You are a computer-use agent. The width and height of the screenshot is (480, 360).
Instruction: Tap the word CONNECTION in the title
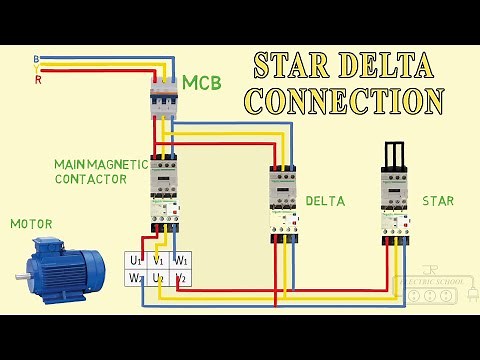[345, 101]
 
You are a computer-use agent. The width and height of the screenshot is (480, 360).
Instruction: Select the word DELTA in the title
[390, 66]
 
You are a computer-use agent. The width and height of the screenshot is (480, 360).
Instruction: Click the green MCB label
[201, 82]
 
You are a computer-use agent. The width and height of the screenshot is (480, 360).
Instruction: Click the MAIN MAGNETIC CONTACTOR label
[102, 171]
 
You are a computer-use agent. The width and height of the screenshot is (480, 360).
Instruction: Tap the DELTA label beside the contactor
[325, 201]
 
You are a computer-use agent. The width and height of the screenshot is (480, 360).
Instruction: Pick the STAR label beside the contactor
[437, 201]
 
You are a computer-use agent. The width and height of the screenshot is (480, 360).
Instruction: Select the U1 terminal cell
[135, 261]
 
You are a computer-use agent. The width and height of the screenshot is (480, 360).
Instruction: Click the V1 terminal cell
[158, 261]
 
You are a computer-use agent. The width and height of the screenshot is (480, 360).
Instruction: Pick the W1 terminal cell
[181, 261]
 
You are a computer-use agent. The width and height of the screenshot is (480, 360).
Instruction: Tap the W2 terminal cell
[135, 278]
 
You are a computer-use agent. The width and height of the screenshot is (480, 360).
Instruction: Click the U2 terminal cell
[158, 278]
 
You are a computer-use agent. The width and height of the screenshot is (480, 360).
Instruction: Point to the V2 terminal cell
[181, 278]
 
